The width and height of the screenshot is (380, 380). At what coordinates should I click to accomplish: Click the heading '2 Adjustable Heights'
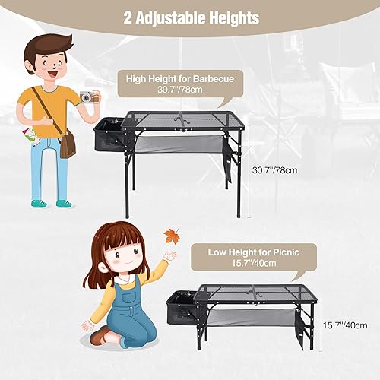[190, 17]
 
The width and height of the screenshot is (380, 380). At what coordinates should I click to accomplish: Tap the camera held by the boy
[89, 97]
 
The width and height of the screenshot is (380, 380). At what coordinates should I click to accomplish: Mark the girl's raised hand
[169, 257]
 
